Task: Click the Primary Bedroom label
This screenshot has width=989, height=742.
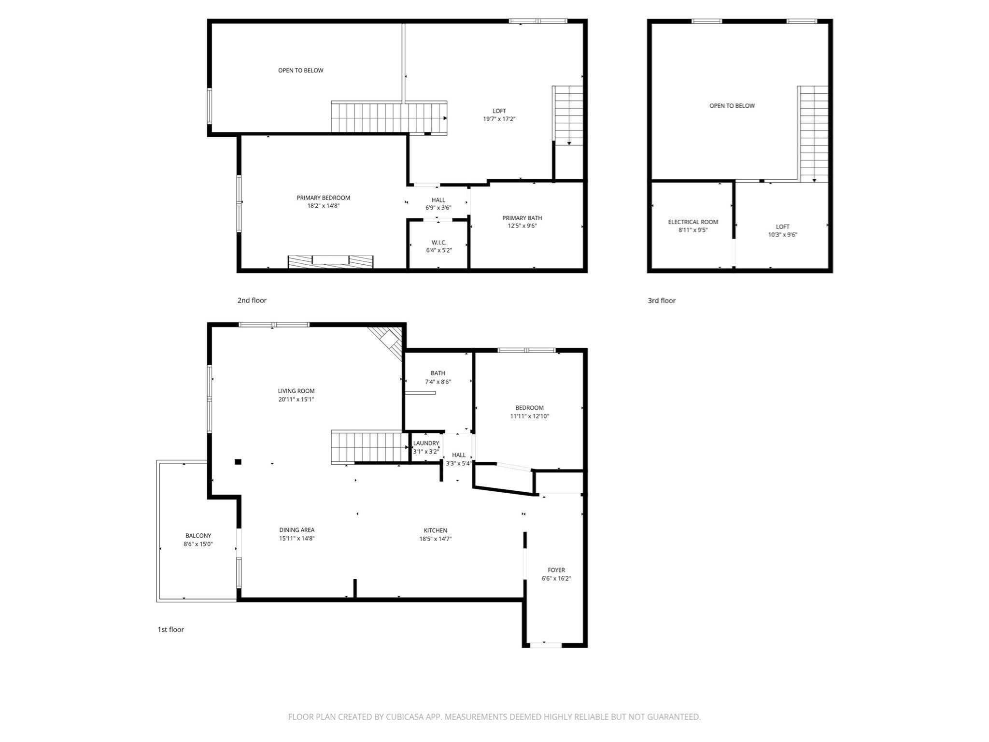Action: pyautogui.click(x=323, y=198)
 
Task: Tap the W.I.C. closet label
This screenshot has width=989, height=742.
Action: pyautogui.click(x=438, y=243)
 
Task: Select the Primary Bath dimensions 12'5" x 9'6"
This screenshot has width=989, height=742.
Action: pyautogui.click(x=522, y=226)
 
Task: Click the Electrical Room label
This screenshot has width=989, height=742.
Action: pyautogui.click(x=692, y=222)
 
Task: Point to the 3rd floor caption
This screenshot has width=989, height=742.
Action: pyautogui.click(x=661, y=300)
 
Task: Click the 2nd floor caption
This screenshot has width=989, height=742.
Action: pyautogui.click(x=252, y=300)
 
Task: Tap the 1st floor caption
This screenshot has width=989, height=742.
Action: pyautogui.click(x=170, y=629)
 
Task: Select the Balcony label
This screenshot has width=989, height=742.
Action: pyautogui.click(x=198, y=536)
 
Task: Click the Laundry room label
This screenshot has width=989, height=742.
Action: pyautogui.click(x=426, y=443)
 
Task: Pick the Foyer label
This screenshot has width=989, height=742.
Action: pyautogui.click(x=556, y=570)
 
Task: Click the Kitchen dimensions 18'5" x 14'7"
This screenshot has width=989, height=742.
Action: pyautogui.click(x=435, y=539)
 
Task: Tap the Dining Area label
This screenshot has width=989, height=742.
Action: pyautogui.click(x=297, y=530)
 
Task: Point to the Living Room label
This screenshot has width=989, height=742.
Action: pyautogui.click(x=296, y=391)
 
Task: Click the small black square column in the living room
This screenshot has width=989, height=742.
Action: pyautogui.click(x=238, y=462)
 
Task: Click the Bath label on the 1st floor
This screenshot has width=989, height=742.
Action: pyautogui.click(x=438, y=373)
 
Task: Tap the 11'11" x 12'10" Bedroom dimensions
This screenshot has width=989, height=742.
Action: pyautogui.click(x=529, y=416)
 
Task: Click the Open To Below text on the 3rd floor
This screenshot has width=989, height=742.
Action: pyautogui.click(x=732, y=106)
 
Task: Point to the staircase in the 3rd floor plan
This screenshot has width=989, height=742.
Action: pyautogui.click(x=813, y=133)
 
